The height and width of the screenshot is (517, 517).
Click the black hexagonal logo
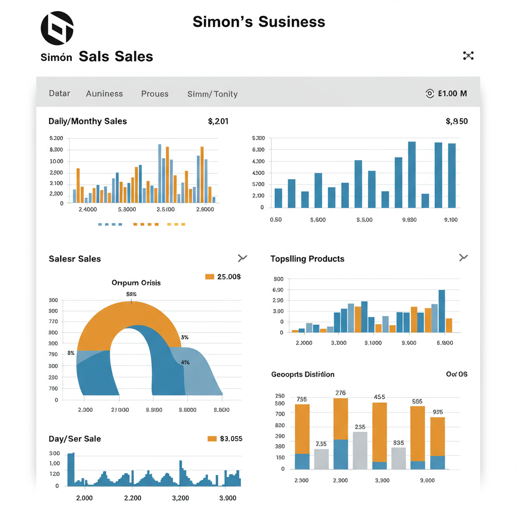(x=57, y=28)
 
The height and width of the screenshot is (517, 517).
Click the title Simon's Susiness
(x=258, y=22)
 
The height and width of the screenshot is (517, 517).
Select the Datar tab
(x=60, y=93)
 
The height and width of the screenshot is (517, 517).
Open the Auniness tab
(x=104, y=94)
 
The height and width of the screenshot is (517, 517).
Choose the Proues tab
(x=154, y=94)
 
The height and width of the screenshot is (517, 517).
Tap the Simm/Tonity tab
(x=212, y=94)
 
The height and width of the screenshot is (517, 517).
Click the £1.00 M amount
(x=452, y=93)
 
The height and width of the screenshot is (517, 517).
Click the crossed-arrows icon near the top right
(x=469, y=56)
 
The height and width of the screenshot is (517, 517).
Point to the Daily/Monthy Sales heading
(x=88, y=121)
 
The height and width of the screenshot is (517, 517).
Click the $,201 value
(x=218, y=121)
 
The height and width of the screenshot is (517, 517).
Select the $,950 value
(x=456, y=121)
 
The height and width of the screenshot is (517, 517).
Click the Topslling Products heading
(x=307, y=259)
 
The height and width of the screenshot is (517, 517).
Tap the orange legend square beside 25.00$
(x=210, y=277)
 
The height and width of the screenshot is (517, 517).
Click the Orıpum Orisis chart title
(x=136, y=283)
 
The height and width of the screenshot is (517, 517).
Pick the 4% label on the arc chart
(x=185, y=362)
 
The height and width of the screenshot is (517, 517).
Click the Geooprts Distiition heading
(x=303, y=375)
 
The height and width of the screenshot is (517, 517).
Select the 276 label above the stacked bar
(x=340, y=393)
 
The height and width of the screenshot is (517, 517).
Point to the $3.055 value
(x=231, y=439)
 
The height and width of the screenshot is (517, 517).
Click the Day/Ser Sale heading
(x=75, y=439)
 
